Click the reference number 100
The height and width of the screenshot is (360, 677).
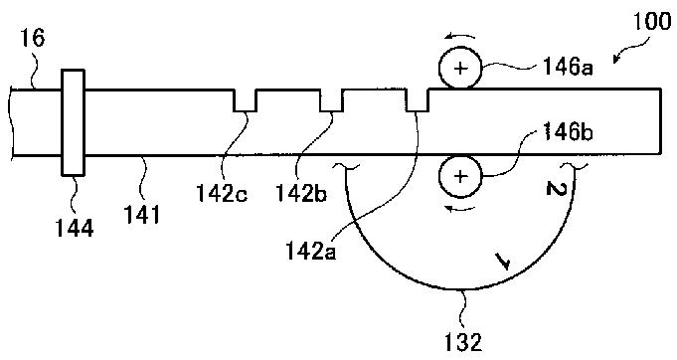pyautogui.click(x=652, y=23)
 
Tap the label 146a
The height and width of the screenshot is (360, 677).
pyautogui.click(x=568, y=68)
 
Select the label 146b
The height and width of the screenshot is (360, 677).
pyautogui.click(x=568, y=131)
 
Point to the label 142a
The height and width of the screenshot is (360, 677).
pyautogui.click(x=310, y=251)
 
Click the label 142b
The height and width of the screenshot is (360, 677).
pyautogui.click(x=301, y=193)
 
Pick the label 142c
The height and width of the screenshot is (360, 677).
pyautogui.click(x=222, y=193)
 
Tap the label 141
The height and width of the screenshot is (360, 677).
pyautogui.click(x=142, y=214)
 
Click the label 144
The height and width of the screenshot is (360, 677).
pyautogui.click(x=75, y=229)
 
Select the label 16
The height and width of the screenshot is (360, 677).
pyautogui.click(x=33, y=38)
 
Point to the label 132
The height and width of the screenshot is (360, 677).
pyautogui.click(x=463, y=343)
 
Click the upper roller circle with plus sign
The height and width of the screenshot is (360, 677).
pyautogui.click(x=460, y=69)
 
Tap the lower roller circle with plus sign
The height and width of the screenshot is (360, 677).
pyautogui.click(x=460, y=177)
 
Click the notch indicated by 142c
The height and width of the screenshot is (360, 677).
pyautogui.click(x=245, y=100)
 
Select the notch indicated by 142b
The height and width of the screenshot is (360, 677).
pyautogui.click(x=331, y=100)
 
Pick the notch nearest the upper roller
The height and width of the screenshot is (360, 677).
pyautogui.click(x=418, y=100)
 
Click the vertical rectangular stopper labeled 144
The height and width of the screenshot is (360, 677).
pyautogui.click(x=73, y=122)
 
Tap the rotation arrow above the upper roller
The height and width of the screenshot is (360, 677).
pyautogui.click(x=460, y=36)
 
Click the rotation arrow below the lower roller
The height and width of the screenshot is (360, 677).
pyautogui.click(x=460, y=210)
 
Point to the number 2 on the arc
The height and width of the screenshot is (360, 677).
pyautogui.click(x=556, y=189)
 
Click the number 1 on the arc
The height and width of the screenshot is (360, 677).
pyautogui.click(x=503, y=262)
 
